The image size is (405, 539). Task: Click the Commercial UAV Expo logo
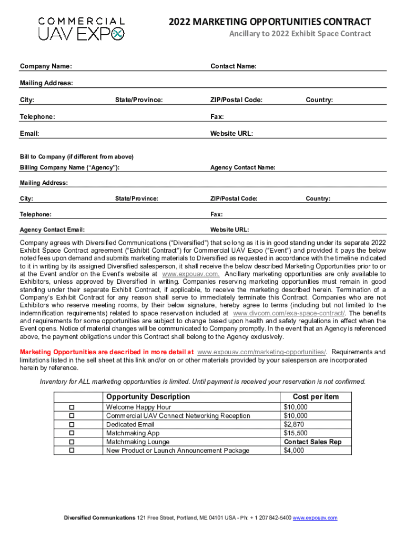pyautogui.click(x=82, y=28)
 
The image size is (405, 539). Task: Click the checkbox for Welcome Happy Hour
pyautogui.click(x=73, y=407)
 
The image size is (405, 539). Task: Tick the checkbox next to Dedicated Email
pyautogui.click(x=73, y=425)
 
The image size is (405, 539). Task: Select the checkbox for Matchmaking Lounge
pyautogui.click(x=73, y=442)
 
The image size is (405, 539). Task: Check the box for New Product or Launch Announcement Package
pyautogui.click(x=73, y=451)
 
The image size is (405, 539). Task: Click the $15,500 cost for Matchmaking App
pyautogui.click(x=296, y=433)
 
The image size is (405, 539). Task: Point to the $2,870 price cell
pyautogui.click(x=294, y=424)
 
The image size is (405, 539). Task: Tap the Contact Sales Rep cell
pyautogui.click(x=312, y=442)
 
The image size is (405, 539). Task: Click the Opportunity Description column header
pyautogui.click(x=148, y=397)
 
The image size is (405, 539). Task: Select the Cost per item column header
pyautogui.click(x=316, y=397)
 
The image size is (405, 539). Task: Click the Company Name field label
pyautogui.click(x=46, y=66)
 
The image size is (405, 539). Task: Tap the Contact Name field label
pyautogui.click(x=234, y=66)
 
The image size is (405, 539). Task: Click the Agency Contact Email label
pyautogui.click(x=52, y=230)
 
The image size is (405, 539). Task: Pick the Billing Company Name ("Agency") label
pyautogui.click(x=69, y=168)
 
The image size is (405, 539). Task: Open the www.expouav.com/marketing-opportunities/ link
pyautogui.click(x=261, y=352)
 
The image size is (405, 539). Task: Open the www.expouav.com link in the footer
pyautogui.click(x=315, y=518)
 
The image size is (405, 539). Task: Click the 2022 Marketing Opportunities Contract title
pyautogui.click(x=270, y=22)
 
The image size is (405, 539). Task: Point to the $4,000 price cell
pyautogui.click(x=293, y=451)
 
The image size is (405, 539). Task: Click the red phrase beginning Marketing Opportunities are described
pyautogui.click(x=107, y=352)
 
